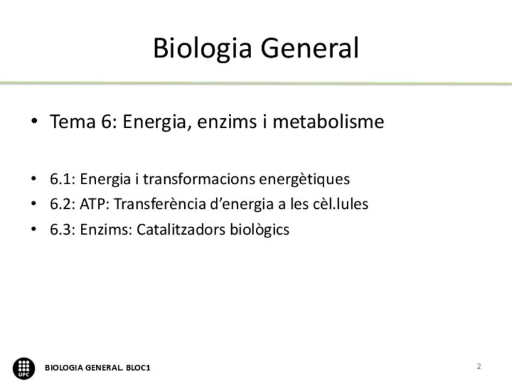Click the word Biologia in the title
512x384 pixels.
(x=203, y=49)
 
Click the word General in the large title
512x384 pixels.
(x=310, y=48)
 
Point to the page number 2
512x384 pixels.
(x=479, y=366)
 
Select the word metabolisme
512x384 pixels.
(x=328, y=121)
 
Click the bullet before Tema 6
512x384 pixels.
(x=34, y=121)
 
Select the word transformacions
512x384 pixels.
(x=199, y=179)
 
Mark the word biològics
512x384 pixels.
(x=260, y=230)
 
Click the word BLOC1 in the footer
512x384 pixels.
(x=138, y=368)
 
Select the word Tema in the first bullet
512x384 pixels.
(x=72, y=121)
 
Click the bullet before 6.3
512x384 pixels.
(x=34, y=229)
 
